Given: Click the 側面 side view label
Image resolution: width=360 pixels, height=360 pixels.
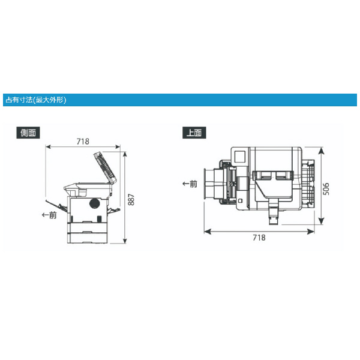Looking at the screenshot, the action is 28,133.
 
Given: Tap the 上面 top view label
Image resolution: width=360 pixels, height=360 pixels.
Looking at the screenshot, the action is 194,133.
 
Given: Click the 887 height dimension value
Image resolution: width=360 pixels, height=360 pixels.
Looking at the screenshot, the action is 131,200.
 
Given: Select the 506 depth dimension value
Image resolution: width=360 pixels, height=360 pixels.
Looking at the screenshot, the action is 326,189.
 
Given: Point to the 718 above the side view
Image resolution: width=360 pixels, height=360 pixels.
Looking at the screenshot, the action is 83,142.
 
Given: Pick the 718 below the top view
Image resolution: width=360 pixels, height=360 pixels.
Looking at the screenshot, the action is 259,238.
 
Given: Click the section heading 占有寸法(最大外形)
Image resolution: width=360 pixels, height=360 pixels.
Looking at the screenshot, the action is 36,100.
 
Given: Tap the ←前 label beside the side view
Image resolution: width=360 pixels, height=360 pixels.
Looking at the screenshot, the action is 49,215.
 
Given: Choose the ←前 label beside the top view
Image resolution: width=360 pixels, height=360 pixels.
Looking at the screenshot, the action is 190,184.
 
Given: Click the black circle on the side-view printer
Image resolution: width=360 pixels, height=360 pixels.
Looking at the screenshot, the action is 95,203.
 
